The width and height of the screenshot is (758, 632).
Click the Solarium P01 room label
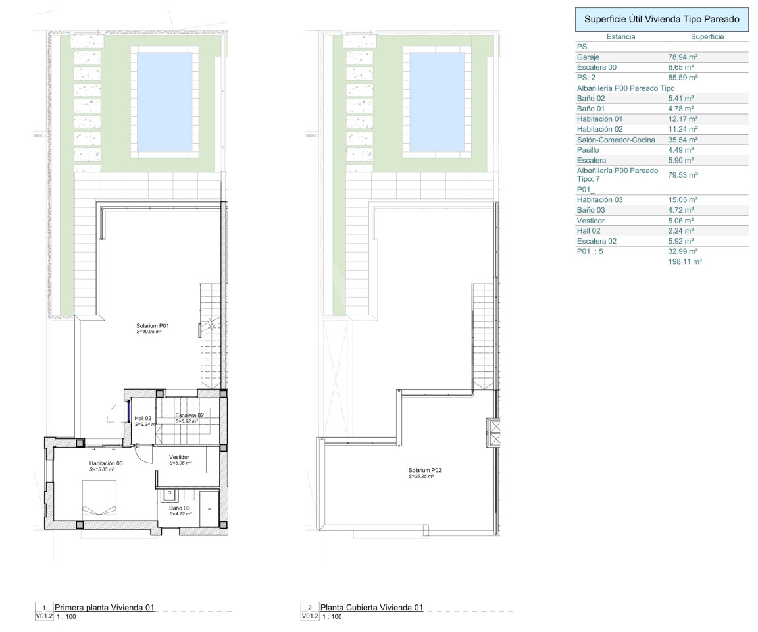coord(152,326)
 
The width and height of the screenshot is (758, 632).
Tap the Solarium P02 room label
coord(425,470)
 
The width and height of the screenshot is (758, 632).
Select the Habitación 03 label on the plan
coord(106,463)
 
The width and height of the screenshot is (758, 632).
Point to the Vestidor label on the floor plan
coord(179,457)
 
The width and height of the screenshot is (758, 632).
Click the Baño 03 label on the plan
coord(180,508)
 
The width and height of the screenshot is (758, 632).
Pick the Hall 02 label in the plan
coord(143,418)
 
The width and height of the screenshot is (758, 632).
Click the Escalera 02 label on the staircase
coord(189,415)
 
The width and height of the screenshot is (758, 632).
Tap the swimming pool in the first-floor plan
coord(164,102)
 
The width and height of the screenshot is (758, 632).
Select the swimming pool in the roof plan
coord(437,102)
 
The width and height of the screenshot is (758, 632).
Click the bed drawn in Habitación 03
coord(99,501)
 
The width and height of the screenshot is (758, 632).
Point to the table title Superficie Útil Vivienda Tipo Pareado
coord(662,19)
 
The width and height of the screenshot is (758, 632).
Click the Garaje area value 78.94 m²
coord(682,57)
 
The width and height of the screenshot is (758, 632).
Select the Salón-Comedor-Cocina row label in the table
coord(616,140)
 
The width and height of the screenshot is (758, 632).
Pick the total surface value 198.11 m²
coord(685,261)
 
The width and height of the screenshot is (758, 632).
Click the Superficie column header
coord(707,37)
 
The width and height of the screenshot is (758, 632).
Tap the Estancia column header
coord(620,37)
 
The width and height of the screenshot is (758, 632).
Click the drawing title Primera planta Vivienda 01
coord(105,608)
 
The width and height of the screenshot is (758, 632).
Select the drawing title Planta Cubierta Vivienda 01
coord(372,608)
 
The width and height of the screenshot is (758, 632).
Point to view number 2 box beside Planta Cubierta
coord(310,608)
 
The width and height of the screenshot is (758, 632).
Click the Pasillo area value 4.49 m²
coord(680,150)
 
